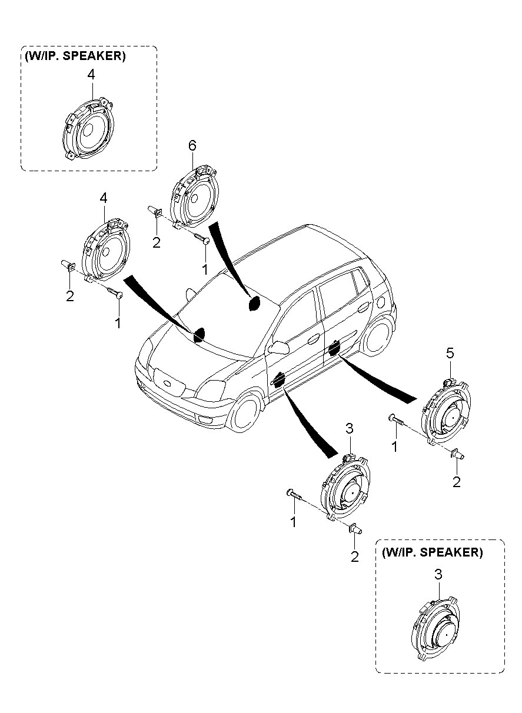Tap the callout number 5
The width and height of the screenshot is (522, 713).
click(x=450, y=353)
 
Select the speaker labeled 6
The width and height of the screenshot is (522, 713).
click(x=195, y=196)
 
